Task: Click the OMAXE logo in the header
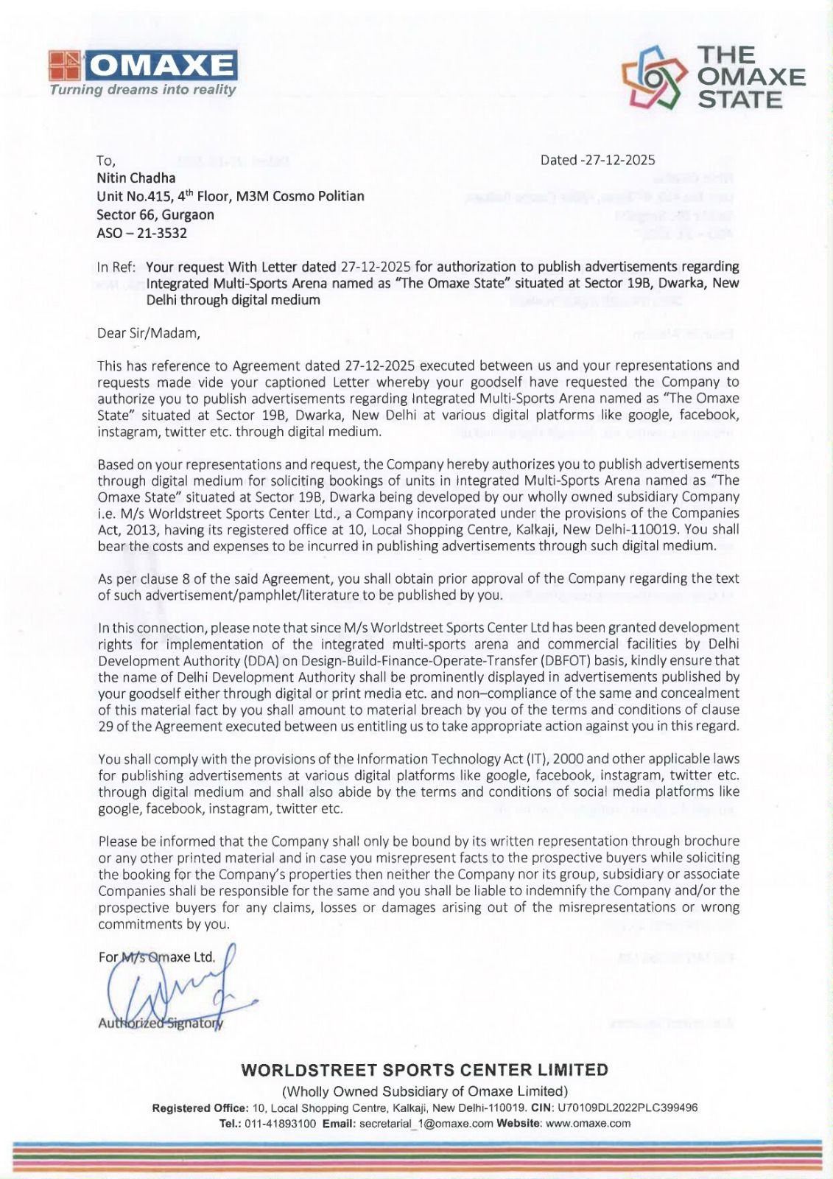tap(144, 66)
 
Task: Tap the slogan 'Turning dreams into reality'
tap(143, 90)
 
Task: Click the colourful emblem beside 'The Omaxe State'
tap(654, 77)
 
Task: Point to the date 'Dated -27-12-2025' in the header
tap(597, 160)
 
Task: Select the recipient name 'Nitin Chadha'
tap(136, 178)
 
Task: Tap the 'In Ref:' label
tap(116, 267)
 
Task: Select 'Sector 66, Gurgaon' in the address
tap(155, 214)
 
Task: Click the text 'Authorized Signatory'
tap(161, 1023)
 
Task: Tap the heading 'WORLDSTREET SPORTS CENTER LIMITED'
tap(424, 1070)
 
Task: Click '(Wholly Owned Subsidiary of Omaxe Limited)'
tap(425, 1091)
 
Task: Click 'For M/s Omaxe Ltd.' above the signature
tap(157, 957)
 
